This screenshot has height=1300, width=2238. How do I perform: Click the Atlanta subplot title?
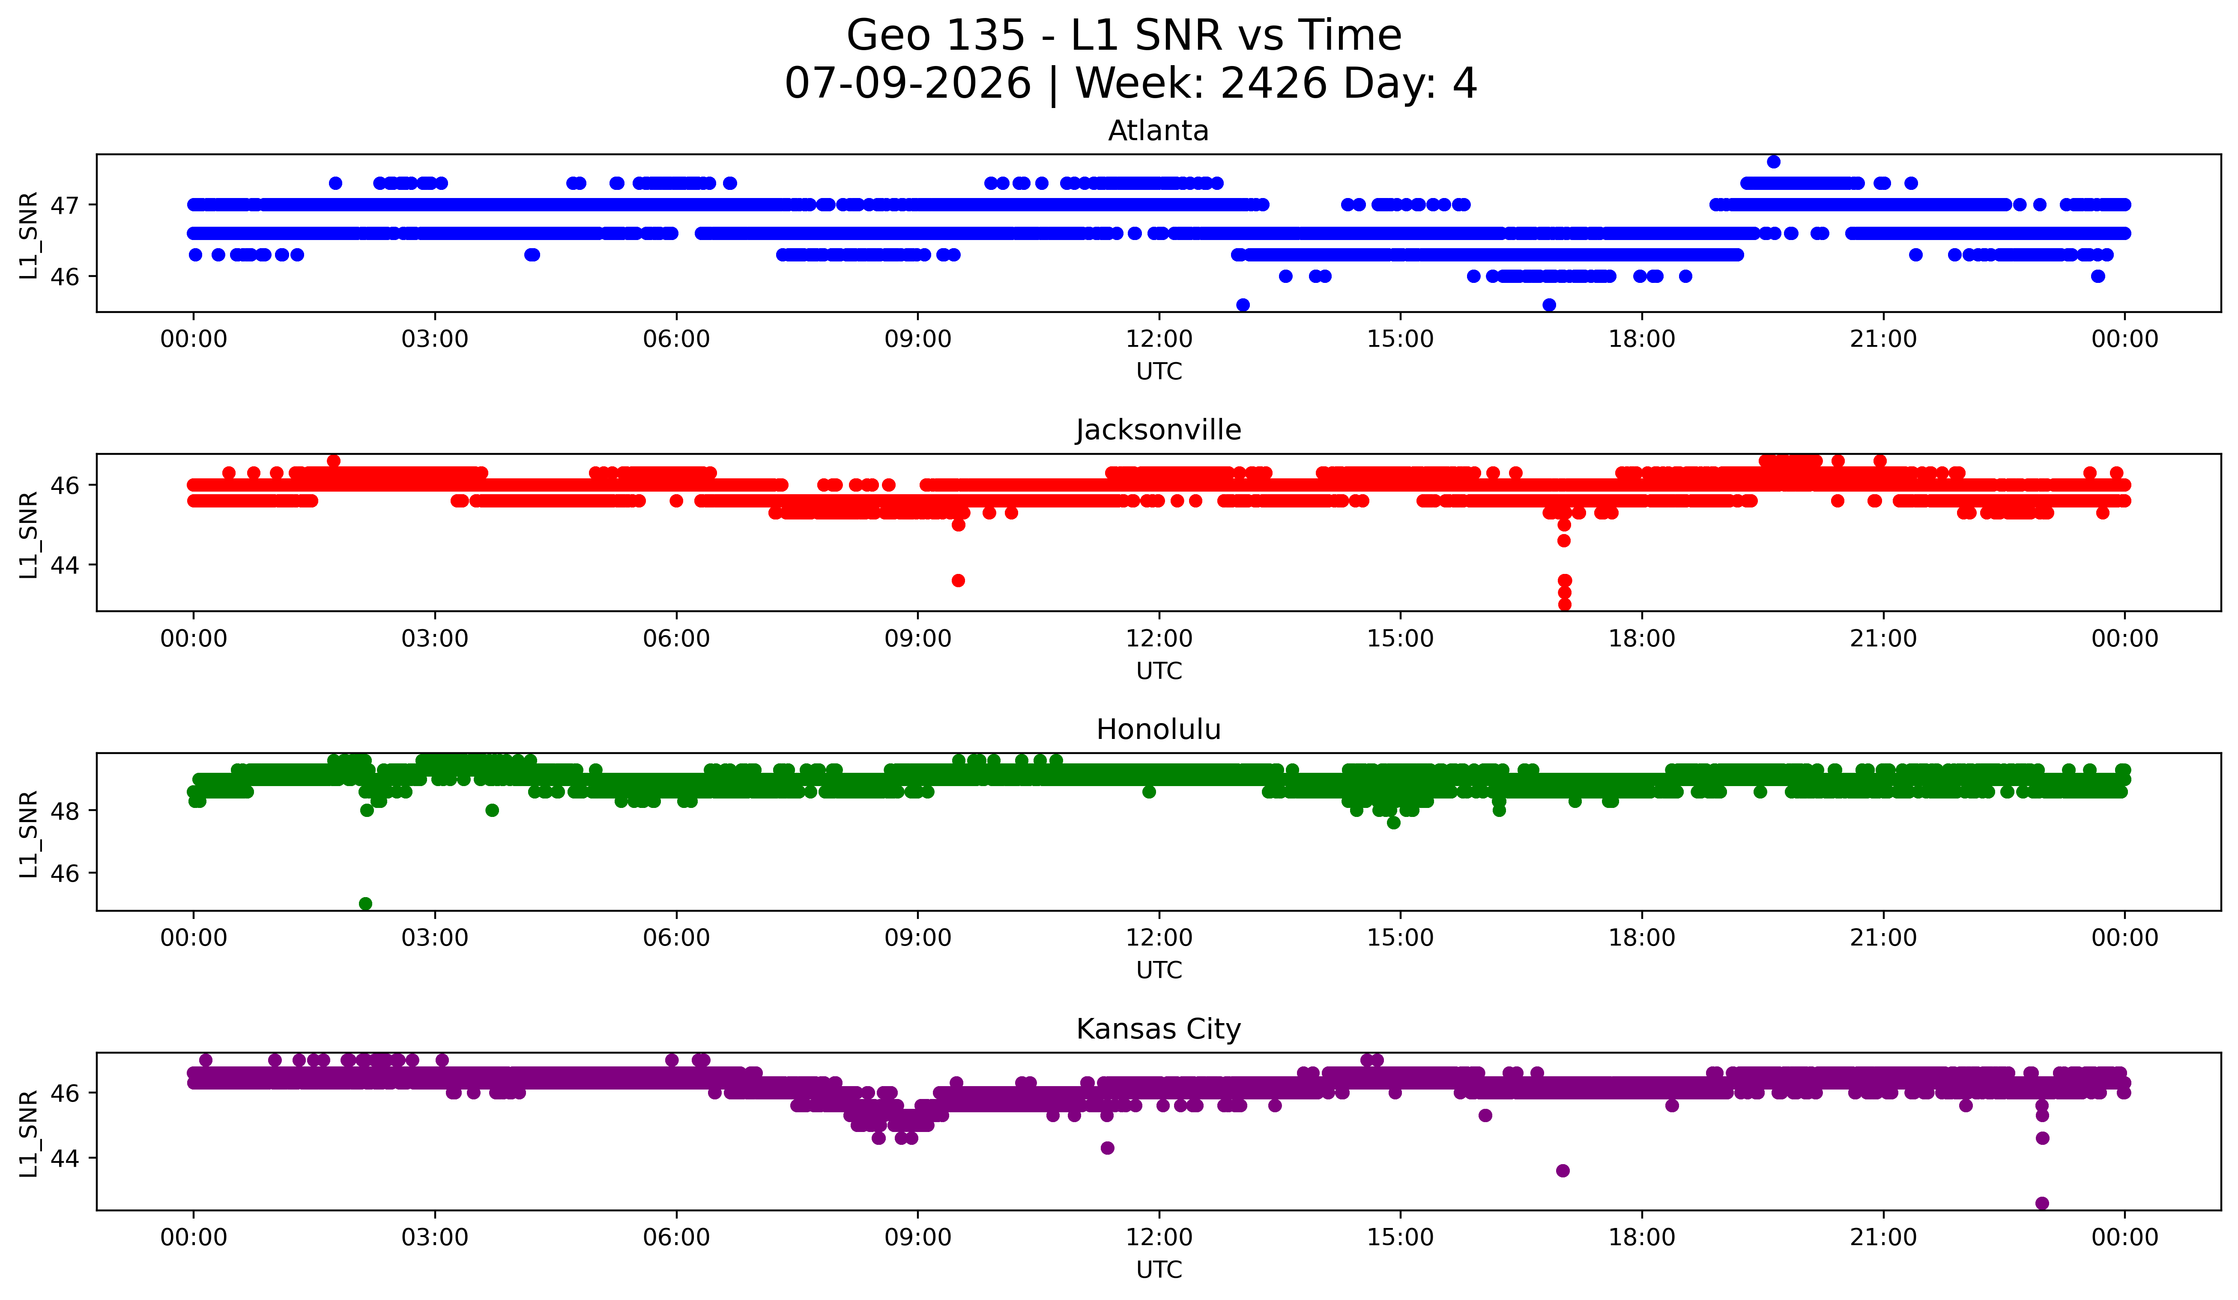(x=1158, y=131)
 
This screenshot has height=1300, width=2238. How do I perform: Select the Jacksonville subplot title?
(x=1158, y=430)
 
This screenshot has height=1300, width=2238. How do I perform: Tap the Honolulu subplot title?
(x=1158, y=730)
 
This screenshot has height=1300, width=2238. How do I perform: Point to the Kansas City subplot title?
(x=1158, y=1029)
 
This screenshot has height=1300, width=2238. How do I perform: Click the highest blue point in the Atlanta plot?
(x=1774, y=162)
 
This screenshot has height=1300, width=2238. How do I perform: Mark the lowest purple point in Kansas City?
(x=2042, y=1203)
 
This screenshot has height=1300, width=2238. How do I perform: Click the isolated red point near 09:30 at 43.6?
(x=958, y=580)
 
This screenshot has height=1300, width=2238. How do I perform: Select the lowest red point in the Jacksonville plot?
(x=1565, y=604)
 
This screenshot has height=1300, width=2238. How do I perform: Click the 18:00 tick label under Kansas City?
(x=1642, y=1237)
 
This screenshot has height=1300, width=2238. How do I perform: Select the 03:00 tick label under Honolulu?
(x=435, y=937)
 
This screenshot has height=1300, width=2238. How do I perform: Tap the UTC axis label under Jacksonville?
(x=1159, y=671)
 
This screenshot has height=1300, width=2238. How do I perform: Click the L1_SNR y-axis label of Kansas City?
(x=28, y=1134)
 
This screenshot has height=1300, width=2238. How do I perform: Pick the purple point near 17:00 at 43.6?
(x=1563, y=1170)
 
